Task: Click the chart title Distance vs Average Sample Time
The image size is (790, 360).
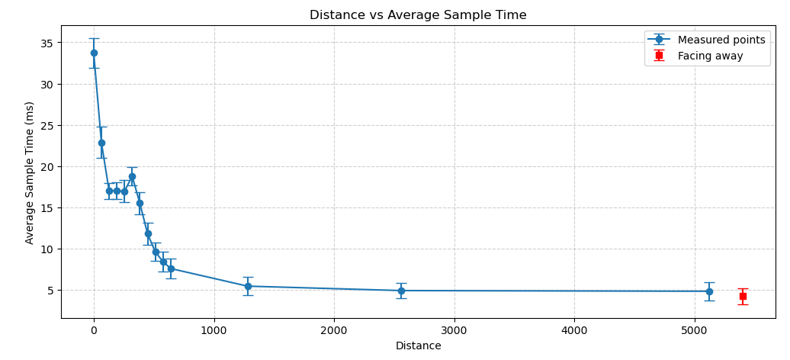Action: click(418, 15)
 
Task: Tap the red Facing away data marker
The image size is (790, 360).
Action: click(743, 296)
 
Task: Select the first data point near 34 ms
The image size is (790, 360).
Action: click(94, 53)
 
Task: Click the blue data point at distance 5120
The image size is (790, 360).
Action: click(709, 291)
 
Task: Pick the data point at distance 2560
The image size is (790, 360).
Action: click(401, 291)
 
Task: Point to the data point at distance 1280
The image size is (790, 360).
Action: click(248, 286)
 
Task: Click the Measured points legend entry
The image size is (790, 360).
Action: click(721, 40)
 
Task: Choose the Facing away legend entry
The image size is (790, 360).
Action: click(710, 56)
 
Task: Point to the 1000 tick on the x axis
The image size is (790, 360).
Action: click(214, 330)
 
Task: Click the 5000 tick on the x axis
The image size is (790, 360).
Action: click(695, 330)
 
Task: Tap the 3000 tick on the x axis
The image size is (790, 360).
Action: click(454, 330)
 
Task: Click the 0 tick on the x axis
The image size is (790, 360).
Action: click(94, 330)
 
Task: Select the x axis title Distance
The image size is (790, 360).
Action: click(418, 346)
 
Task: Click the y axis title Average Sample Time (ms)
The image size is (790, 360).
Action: click(30, 172)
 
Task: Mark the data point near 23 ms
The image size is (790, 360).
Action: click(101, 143)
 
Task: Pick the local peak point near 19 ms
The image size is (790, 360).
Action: click(132, 176)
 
